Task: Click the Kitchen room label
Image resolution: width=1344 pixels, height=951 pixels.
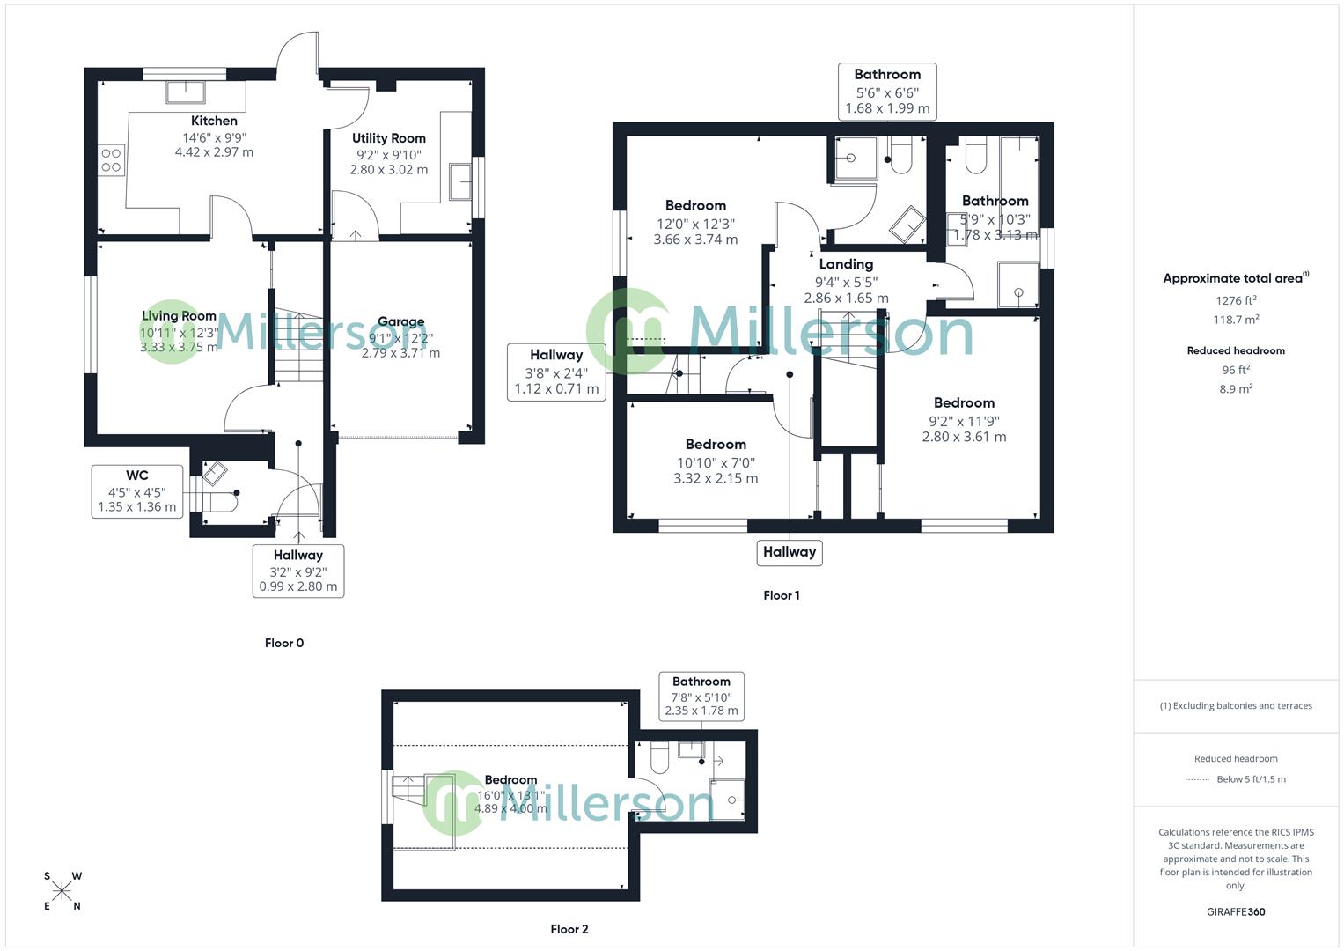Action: [x=214, y=121]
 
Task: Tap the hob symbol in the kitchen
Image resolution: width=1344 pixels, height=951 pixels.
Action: [x=111, y=160]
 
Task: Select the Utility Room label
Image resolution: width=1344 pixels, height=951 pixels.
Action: [x=388, y=138]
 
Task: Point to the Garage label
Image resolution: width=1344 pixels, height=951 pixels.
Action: [x=400, y=321]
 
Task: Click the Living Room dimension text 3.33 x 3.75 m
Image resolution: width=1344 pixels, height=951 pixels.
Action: [x=179, y=347]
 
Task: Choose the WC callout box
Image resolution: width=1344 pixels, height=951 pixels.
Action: [x=137, y=491]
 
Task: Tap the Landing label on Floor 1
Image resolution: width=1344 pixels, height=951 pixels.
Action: [x=846, y=264]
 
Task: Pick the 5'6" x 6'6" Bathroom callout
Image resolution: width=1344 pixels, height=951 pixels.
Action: [x=887, y=91]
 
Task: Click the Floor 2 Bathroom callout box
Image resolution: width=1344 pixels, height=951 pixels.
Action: [x=701, y=696]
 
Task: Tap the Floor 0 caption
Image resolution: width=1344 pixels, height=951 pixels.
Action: [x=284, y=643]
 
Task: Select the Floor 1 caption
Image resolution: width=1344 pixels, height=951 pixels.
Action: [x=782, y=595]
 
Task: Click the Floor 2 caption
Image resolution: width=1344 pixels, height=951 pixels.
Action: [x=569, y=929]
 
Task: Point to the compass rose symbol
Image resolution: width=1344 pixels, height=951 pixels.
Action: [x=62, y=891]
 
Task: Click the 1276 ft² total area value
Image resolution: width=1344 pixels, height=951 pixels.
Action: [x=1236, y=300]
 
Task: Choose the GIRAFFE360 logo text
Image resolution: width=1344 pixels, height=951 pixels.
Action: [x=1236, y=911]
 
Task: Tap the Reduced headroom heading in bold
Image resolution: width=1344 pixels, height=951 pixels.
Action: [x=1236, y=350]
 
